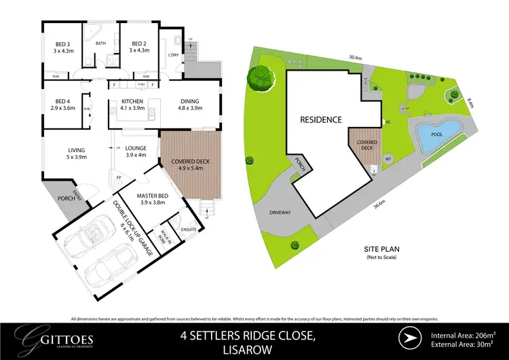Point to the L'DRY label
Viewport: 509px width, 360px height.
pos(173,57)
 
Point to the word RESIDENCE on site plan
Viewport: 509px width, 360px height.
pos(321,120)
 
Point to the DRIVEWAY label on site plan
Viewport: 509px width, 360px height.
pos(281,213)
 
